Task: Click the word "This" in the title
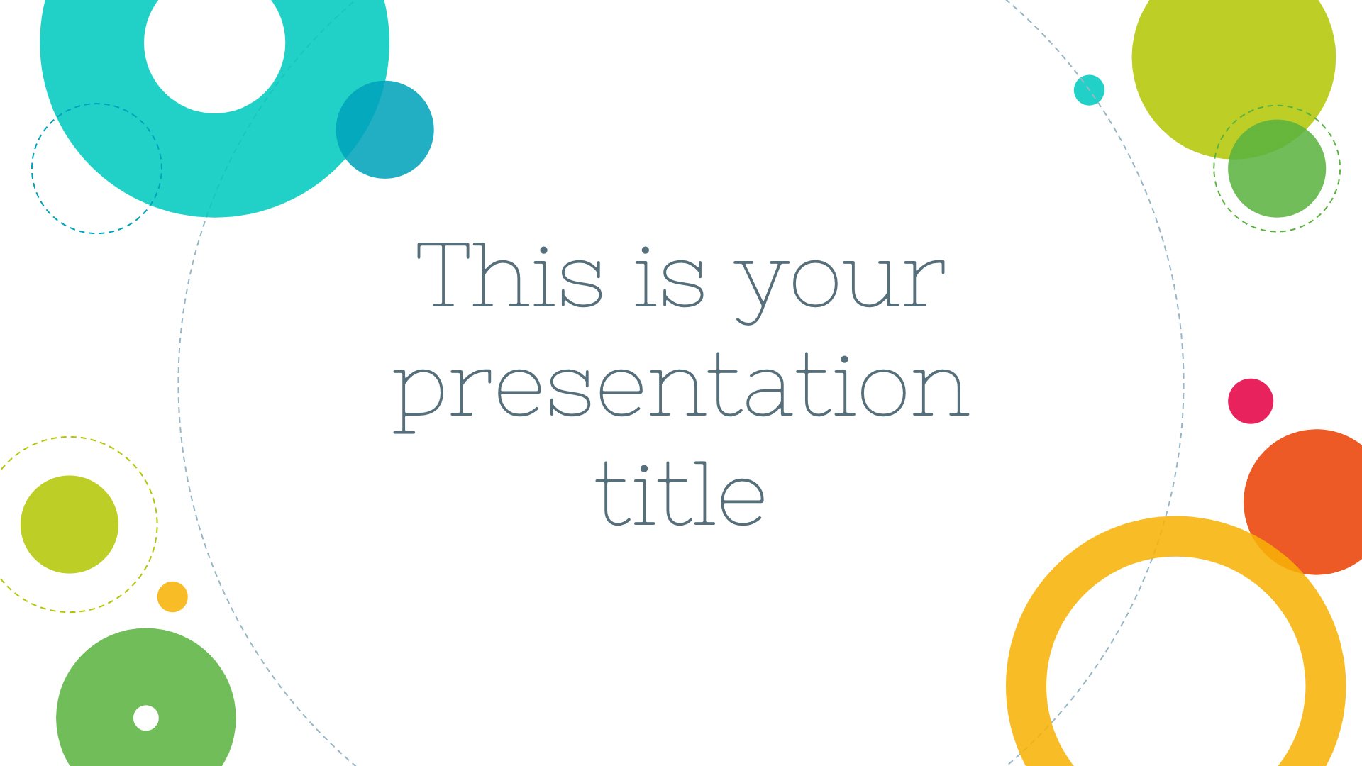pos(509,275)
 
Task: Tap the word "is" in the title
pos(669,277)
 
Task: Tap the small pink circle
pos(1251,401)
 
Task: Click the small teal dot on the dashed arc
pos(1089,90)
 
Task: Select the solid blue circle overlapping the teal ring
pos(384,130)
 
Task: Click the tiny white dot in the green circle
pos(146,718)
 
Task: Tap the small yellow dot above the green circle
pos(172,596)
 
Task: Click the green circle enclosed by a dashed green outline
pos(1277,169)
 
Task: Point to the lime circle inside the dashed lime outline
pos(70,524)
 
